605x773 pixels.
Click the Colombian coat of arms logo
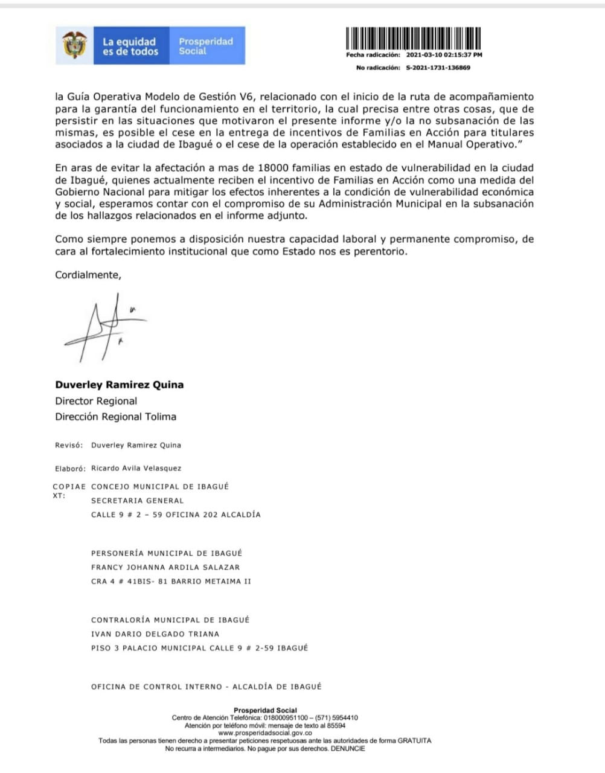coord(75,45)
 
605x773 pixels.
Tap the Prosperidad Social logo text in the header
coord(205,46)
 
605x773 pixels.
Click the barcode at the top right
coord(414,39)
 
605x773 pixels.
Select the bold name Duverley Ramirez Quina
coord(120,385)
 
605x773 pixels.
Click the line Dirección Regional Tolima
coord(116,417)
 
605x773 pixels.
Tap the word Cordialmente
coord(88,275)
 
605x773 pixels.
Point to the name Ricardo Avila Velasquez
coord(136,468)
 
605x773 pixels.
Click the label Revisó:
coord(69,445)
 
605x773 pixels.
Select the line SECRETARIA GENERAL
coord(137,500)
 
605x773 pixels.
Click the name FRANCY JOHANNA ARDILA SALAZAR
coord(165,567)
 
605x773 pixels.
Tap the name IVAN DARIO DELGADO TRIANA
coord(155,634)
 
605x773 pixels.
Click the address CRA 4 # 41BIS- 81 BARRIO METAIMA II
coord(171,582)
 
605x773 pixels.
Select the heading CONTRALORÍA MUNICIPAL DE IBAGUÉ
coord(170,620)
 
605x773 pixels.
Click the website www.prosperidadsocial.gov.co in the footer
coord(265,733)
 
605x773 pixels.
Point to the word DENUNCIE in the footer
coord(348,748)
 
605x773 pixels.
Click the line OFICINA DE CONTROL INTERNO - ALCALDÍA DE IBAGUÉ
coord(206,687)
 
